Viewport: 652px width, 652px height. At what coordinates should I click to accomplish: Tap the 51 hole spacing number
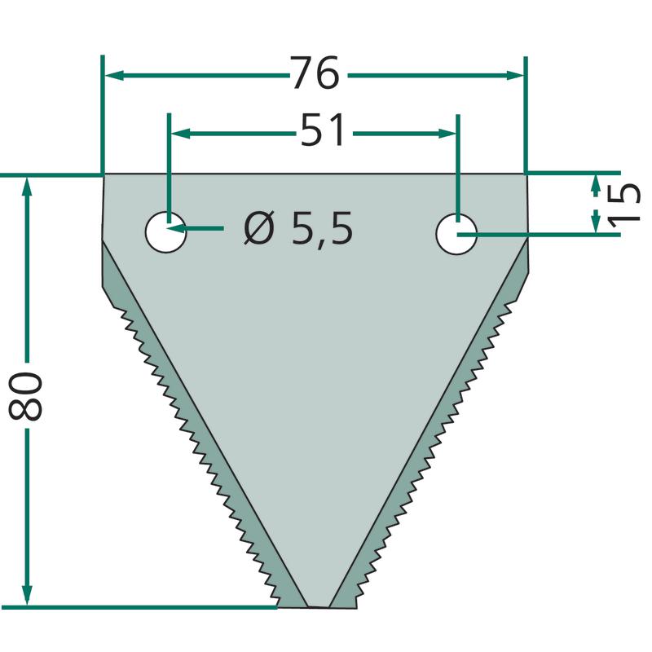(x=323, y=130)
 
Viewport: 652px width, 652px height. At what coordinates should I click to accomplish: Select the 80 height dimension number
(x=26, y=396)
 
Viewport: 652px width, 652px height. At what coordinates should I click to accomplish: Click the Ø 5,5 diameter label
(x=298, y=228)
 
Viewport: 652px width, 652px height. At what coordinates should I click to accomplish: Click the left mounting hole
(x=166, y=232)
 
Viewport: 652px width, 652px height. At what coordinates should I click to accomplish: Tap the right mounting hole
(x=456, y=234)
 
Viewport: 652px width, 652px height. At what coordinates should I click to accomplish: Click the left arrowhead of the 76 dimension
(x=114, y=75)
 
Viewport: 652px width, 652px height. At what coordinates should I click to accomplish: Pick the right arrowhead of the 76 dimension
(x=515, y=75)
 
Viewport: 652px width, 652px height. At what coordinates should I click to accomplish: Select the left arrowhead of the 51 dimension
(x=180, y=134)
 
